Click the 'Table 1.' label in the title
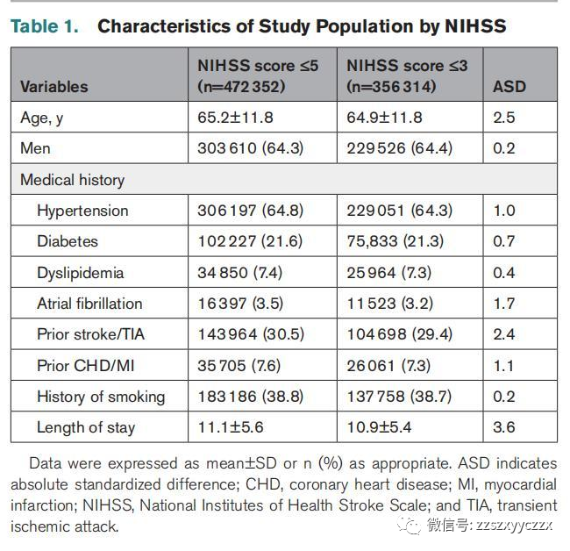point(45,26)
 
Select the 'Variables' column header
point(54,87)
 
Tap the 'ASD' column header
point(509,87)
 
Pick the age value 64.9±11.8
point(384,118)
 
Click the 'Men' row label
point(35,148)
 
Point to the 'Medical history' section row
point(72,180)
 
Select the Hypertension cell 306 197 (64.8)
point(250,211)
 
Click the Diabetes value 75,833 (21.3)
point(395,241)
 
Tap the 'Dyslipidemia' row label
point(81,273)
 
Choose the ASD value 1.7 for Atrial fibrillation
point(504,304)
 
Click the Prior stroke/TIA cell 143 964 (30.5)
point(251,334)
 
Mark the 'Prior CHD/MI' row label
point(86,366)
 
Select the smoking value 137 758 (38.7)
point(399,397)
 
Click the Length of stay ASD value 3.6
point(504,427)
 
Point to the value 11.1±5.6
point(231,427)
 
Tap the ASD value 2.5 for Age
point(504,118)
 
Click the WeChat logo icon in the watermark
point(409,526)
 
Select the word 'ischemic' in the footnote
point(40,526)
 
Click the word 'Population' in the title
point(365,26)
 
